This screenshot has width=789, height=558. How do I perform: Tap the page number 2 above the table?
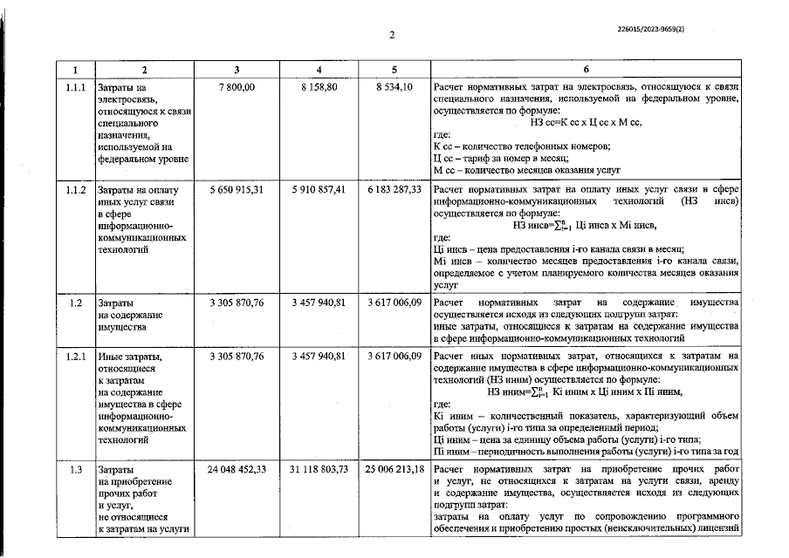(393, 35)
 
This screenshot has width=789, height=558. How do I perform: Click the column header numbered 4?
(319, 70)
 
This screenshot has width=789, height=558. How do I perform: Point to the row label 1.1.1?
(76, 87)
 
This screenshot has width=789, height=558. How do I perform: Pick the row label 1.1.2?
(76, 189)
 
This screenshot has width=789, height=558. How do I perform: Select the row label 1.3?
(76, 470)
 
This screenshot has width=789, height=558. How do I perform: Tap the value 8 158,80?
(319, 87)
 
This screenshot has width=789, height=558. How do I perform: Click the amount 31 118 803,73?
(319, 470)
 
